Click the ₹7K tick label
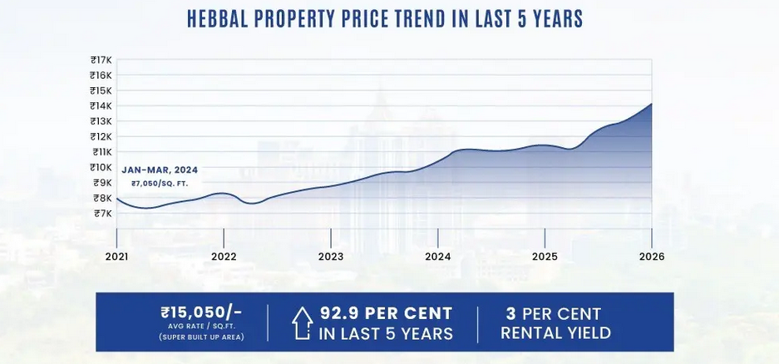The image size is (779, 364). pos(103,214)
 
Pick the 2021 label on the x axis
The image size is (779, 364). pos(116,257)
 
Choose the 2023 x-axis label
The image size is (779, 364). pos(331,257)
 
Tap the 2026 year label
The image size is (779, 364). pos(652,257)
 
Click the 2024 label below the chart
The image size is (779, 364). pos(437,257)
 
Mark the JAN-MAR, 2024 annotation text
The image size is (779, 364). pos(160,170)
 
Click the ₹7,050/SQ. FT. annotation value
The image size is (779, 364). pos(160,184)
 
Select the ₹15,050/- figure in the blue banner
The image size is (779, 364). pos(201,312)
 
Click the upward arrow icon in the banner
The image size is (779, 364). pos(302,323)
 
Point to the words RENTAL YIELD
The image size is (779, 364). pos(555,332)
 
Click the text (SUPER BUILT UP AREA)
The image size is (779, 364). pos(202,337)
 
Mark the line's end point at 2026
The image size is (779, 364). pos(651,104)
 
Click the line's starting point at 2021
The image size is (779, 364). pos(116,198)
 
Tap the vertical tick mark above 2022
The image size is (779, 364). pos(224,235)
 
